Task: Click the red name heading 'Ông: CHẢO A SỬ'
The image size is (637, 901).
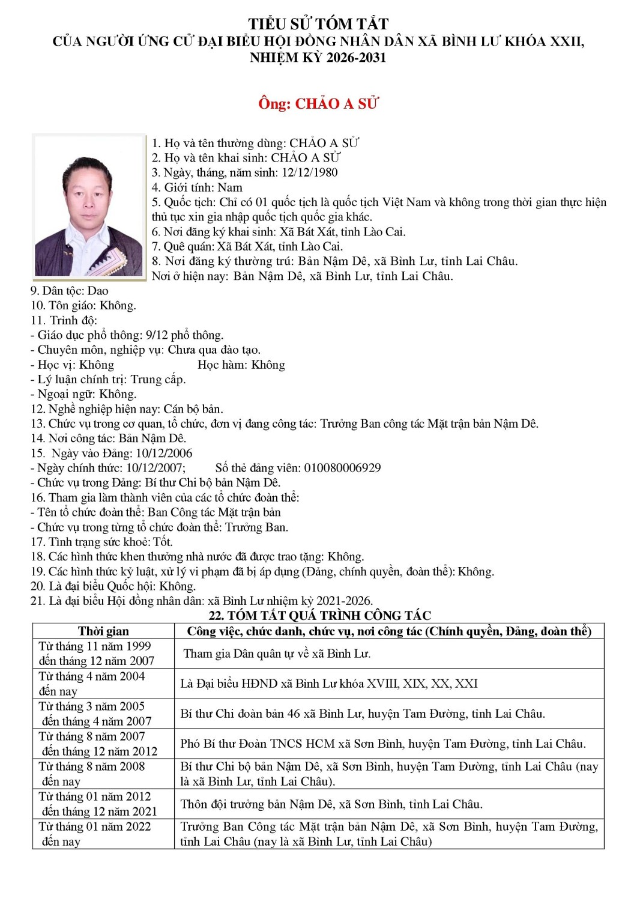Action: point(318,104)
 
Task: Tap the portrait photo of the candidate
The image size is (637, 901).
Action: point(89,205)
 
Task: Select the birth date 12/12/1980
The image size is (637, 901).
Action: point(310,172)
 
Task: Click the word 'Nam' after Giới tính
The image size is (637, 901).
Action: point(229,187)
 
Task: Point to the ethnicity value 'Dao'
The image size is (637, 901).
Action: point(98,291)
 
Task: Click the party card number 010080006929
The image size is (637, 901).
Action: point(342,468)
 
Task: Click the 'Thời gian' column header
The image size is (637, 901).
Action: point(103,631)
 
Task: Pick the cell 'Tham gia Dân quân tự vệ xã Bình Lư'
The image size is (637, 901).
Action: point(277,654)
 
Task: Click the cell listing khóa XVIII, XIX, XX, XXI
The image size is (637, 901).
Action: point(329,684)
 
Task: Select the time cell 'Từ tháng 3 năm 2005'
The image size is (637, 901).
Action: point(92,706)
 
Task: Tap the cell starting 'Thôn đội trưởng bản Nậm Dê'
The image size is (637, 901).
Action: point(331,804)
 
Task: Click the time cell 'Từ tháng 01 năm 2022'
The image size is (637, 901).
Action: point(95,827)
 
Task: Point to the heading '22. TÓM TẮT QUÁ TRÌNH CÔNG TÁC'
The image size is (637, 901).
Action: point(319,616)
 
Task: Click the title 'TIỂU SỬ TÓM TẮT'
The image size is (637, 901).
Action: point(318,24)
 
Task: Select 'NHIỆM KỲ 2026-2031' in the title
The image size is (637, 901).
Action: point(318,58)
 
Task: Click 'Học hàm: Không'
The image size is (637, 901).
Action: point(241,365)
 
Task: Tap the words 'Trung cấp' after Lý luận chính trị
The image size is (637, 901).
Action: point(158,380)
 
